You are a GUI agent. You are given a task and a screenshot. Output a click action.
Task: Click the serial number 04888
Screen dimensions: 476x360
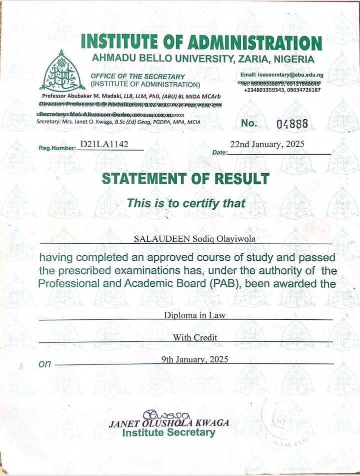pyautogui.click(x=292, y=124)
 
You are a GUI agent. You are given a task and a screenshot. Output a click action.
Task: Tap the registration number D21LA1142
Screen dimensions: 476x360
pyautogui.click(x=104, y=145)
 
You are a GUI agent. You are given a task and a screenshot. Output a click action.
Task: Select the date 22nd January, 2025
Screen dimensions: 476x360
pyautogui.click(x=267, y=145)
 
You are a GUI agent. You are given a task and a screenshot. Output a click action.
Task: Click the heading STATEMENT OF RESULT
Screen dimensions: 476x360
pyautogui.click(x=185, y=179)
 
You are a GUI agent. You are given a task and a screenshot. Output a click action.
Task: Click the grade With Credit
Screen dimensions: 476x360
pyautogui.click(x=195, y=337)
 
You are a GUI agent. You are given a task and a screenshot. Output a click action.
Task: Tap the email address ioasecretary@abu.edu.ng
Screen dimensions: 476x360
pyautogui.click(x=288, y=75)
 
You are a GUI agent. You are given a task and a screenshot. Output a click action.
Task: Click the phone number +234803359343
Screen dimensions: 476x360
pyautogui.click(x=266, y=90)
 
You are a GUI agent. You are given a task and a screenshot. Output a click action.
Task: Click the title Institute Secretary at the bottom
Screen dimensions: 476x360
pyautogui.click(x=169, y=432)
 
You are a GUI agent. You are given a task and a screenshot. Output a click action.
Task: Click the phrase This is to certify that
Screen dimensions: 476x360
pyautogui.click(x=186, y=203)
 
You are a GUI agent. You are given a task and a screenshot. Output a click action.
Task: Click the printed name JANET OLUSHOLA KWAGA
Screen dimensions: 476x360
pyautogui.click(x=169, y=423)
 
